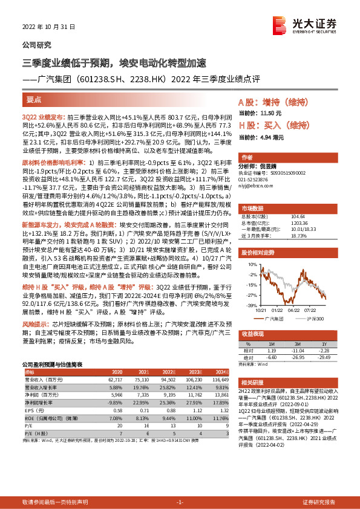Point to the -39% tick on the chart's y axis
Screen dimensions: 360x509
click(x=242, y=306)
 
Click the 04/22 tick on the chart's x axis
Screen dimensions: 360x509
click(x=295, y=311)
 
